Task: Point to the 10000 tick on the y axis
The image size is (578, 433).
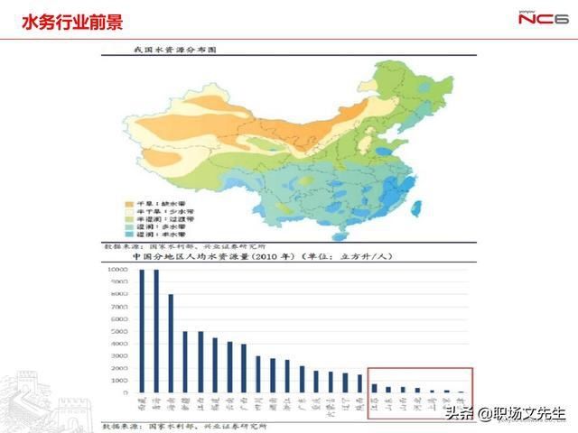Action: [x=117, y=270]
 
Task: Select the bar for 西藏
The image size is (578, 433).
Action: [x=142, y=330]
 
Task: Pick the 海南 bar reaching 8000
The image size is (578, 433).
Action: [x=171, y=343]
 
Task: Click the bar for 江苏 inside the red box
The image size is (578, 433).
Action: [x=375, y=388]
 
